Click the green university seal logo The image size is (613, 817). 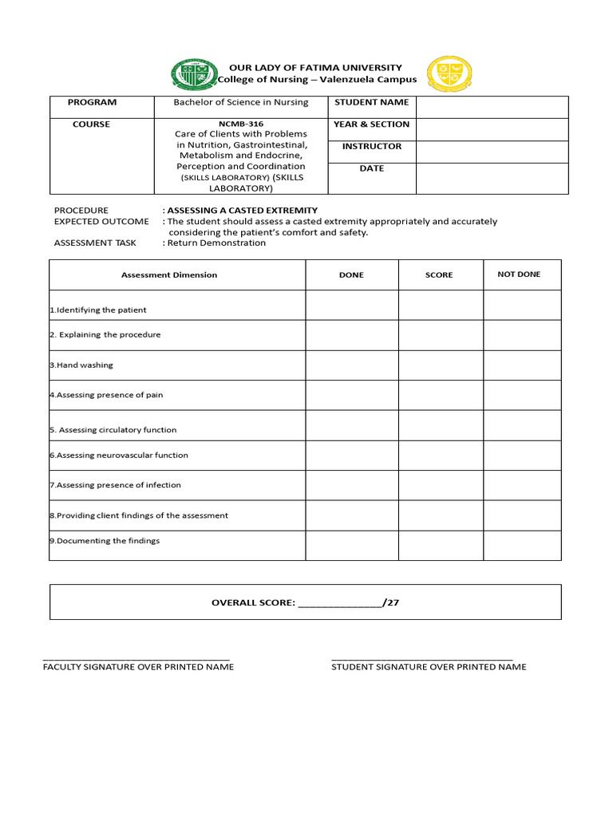[194, 74]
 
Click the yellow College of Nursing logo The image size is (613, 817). [449, 74]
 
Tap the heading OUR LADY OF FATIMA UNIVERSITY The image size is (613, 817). [315, 68]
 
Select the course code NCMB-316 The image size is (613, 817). [241, 124]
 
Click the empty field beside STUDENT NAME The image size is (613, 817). [492, 107]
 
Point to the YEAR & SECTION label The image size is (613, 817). [371, 124]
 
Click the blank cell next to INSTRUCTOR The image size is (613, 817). [492, 152]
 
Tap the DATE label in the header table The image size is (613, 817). [371, 168]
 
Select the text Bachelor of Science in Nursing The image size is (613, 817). [241, 102]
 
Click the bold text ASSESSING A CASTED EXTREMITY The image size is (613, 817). [242, 211]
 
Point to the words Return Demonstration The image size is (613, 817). [216, 243]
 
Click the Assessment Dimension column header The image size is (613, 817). [169, 275]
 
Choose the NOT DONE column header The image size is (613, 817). [519, 274]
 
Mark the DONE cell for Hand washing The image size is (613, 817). [351, 365]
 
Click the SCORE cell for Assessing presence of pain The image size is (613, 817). [440, 395]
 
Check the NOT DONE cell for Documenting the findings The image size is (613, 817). [521, 545]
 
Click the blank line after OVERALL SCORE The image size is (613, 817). [339, 604]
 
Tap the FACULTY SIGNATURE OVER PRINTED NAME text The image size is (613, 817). [138, 667]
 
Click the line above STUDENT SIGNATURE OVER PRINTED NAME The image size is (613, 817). [421, 660]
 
